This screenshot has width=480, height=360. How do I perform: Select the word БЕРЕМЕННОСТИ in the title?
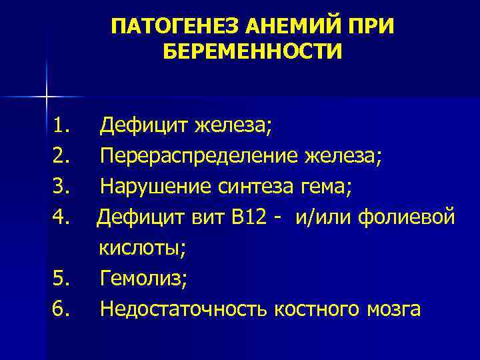tap(252, 51)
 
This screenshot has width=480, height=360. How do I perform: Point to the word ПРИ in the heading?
tap(369, 27)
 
